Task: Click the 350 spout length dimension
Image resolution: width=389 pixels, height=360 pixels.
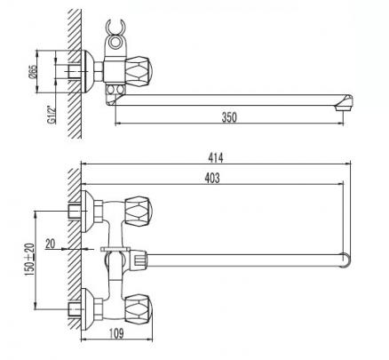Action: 229,117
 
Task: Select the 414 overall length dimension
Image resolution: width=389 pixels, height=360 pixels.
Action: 216,157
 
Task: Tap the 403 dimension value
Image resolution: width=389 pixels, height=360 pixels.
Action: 212,178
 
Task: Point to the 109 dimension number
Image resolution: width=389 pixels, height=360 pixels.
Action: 116,333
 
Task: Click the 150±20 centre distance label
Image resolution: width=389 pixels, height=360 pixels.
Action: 30,260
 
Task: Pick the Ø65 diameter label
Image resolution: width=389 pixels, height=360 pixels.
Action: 33,72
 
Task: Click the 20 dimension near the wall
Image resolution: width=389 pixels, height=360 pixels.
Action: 51,244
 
